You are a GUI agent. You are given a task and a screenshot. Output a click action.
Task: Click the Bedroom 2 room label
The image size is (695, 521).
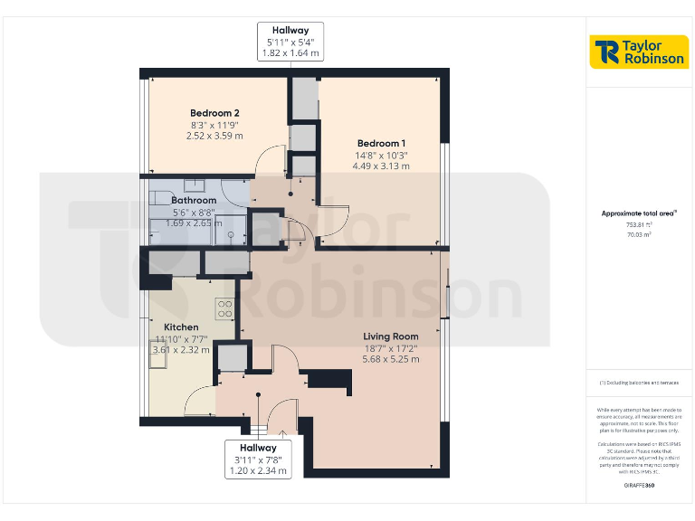[214, 113]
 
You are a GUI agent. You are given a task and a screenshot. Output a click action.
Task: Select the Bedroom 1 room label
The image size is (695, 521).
[381, 144]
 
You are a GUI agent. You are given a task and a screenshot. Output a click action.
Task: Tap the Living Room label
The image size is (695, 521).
[390, 336]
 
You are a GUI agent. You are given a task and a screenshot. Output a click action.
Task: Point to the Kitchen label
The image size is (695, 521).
[181, 327]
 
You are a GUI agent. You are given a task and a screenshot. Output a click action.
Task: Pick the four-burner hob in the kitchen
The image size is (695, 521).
[224, 308]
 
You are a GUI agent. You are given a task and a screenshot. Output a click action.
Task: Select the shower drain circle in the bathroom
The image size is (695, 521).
[232, 234]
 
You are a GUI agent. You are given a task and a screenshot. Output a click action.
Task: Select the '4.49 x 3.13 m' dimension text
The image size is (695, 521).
[381, 166]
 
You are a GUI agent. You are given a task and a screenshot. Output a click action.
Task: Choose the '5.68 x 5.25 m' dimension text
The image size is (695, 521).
[390, 359]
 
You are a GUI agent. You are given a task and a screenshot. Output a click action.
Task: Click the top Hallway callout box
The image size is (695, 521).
[290, 42]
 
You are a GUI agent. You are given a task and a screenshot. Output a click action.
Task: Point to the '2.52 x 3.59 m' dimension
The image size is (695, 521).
[214, 136]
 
